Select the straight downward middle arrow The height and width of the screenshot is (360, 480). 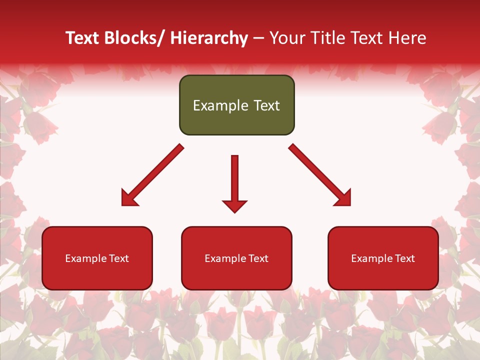point(234,180)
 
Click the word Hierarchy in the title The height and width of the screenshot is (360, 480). point(208,38)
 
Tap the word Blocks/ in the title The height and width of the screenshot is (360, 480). point(136,38)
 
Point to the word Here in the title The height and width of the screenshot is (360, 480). point(407,38)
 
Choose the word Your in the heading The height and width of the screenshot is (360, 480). point(287,38)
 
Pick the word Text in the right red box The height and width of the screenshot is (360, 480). point(404,258)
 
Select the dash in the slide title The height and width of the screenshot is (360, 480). point(258,38)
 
